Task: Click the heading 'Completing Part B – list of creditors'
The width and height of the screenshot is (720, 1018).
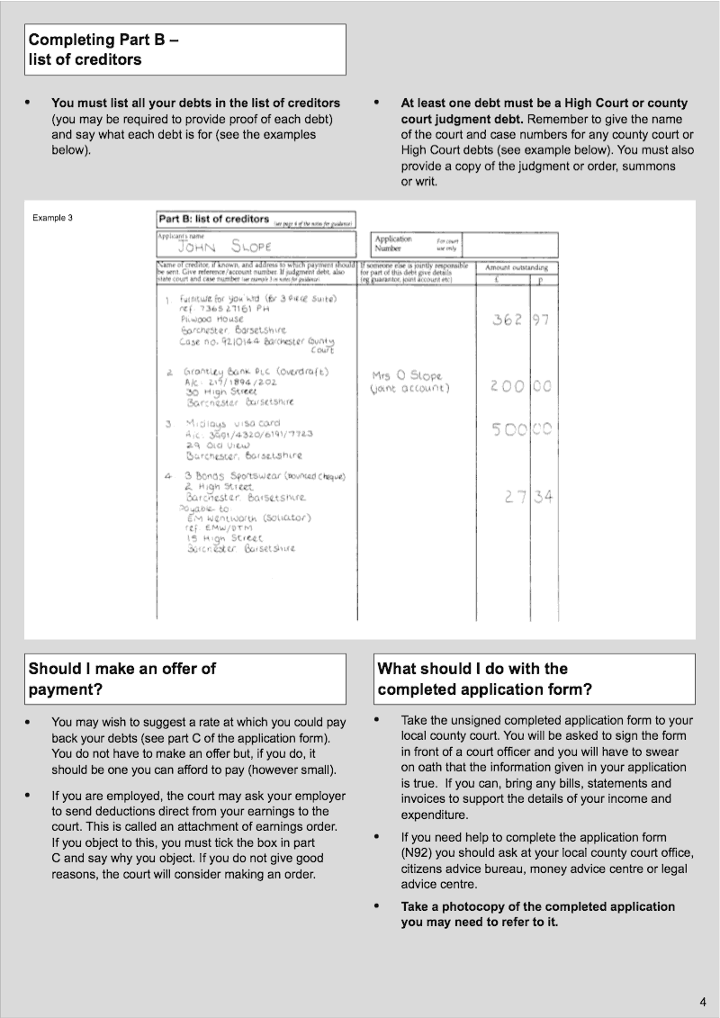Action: [x=103, y=50]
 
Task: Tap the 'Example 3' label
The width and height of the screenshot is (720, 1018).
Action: [x=52, y=218]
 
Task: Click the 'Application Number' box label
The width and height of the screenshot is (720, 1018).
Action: [x=393, y=244]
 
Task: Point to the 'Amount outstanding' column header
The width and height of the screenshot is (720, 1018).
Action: [x=517, y=268]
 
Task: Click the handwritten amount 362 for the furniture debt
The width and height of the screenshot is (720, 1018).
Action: [x=508, y=320]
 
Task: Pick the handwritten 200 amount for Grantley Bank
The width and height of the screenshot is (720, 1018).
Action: [x=508, y=386]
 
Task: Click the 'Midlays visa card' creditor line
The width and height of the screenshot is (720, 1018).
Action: [x=232, y=422]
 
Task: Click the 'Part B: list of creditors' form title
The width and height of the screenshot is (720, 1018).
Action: [x=214, y=219]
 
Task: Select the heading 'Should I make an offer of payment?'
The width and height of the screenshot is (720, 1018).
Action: [x=122, y=679]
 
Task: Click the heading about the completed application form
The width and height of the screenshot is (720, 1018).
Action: [x=484, y=679]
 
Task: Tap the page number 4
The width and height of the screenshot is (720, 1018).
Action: [x=702, y=1001]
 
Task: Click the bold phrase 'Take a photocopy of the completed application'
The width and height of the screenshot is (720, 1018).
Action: [x=537, y=906]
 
